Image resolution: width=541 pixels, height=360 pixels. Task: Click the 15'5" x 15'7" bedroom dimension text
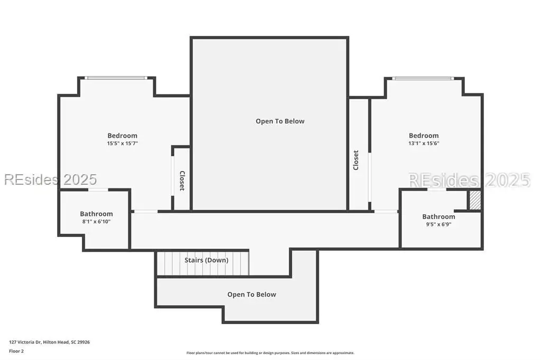123,144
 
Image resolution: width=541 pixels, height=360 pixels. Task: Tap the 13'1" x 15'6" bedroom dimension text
424,144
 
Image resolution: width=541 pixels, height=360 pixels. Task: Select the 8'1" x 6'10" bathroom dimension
96,222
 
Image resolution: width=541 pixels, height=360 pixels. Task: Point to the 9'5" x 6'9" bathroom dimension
439,224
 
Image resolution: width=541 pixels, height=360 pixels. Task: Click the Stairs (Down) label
207,260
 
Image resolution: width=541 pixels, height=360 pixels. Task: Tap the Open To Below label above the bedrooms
280,121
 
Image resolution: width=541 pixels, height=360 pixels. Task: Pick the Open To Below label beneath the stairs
251,295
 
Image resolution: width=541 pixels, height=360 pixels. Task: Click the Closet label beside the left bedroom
182,181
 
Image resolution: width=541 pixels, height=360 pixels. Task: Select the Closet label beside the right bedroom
356,160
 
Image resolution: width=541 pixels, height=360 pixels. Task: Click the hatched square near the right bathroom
475,200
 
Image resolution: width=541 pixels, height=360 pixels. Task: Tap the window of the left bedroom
116,78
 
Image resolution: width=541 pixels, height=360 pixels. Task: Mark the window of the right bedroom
423,78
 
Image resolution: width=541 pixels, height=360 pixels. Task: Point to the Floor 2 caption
16,351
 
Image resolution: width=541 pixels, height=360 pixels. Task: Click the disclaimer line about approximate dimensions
270,353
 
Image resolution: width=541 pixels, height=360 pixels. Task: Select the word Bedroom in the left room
122,136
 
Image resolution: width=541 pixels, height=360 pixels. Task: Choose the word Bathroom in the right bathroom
439,217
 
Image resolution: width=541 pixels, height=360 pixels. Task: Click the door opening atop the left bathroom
98,190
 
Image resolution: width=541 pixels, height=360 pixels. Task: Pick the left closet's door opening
172,176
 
